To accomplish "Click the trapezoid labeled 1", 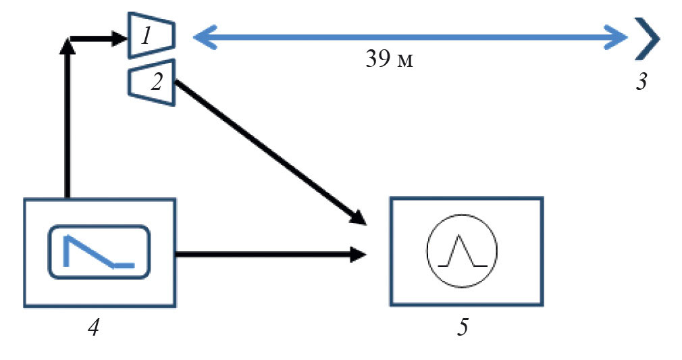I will [x=152, y=34].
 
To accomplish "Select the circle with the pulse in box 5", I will [x=462, y=250].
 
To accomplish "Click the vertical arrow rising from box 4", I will [x=66, y=122].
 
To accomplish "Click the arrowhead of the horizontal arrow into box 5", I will [x=358, y=255].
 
